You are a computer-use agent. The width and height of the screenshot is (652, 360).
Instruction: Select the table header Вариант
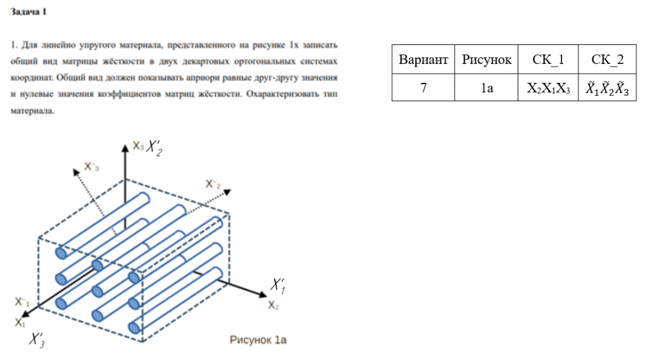423,60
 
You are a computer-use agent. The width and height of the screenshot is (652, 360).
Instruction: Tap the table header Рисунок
486,60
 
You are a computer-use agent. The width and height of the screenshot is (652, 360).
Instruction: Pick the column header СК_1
548,60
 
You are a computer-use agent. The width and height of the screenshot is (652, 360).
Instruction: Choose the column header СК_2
607,60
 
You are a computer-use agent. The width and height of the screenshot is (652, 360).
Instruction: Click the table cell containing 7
423,88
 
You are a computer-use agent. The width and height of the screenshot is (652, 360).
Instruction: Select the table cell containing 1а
486,88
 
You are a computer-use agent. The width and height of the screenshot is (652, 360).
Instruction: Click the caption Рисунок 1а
258,340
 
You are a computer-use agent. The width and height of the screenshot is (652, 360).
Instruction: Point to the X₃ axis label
138,146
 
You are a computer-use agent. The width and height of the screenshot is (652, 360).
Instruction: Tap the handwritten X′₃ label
37,340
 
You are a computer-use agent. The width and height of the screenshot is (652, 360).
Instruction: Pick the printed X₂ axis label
274,305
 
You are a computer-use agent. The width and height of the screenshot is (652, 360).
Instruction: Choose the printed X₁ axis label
20,322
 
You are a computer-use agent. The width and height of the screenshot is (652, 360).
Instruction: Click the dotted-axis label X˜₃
92,167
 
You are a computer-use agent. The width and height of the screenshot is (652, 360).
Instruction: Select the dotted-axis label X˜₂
213,184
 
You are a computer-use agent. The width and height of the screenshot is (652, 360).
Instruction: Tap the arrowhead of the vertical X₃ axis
125,146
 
